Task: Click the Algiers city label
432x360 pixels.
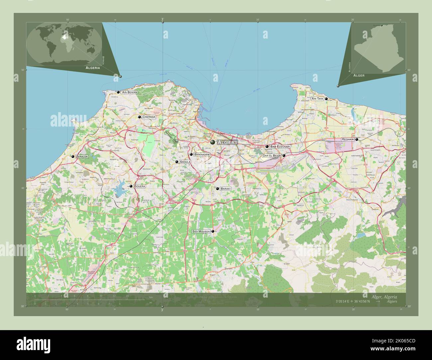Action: click(x=227, y=142)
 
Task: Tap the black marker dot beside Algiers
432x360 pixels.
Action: click(x=213, y=142)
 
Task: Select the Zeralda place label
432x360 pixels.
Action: click(x=82, y=156)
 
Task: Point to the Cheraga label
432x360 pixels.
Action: click(x=149, y=117)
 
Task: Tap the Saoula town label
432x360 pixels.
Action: click(x=185, y=162)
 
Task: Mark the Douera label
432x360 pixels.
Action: click(x=140, y=186)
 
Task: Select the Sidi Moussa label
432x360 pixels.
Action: click(x=201, y=231)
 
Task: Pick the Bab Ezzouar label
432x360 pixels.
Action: click(x=280, y=146)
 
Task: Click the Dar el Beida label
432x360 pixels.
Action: click(x=272, y=155)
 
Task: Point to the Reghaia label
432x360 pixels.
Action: click(x=348, y=139)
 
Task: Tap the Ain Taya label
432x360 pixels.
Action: click(x=317, y=99)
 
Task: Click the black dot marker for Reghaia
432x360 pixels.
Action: click(x=357, y=139)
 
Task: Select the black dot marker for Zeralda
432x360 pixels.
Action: click(x=73, y=156)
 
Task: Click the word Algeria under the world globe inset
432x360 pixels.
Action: click(x=93, y=67)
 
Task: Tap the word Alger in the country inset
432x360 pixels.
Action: click(x=359, y=75)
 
